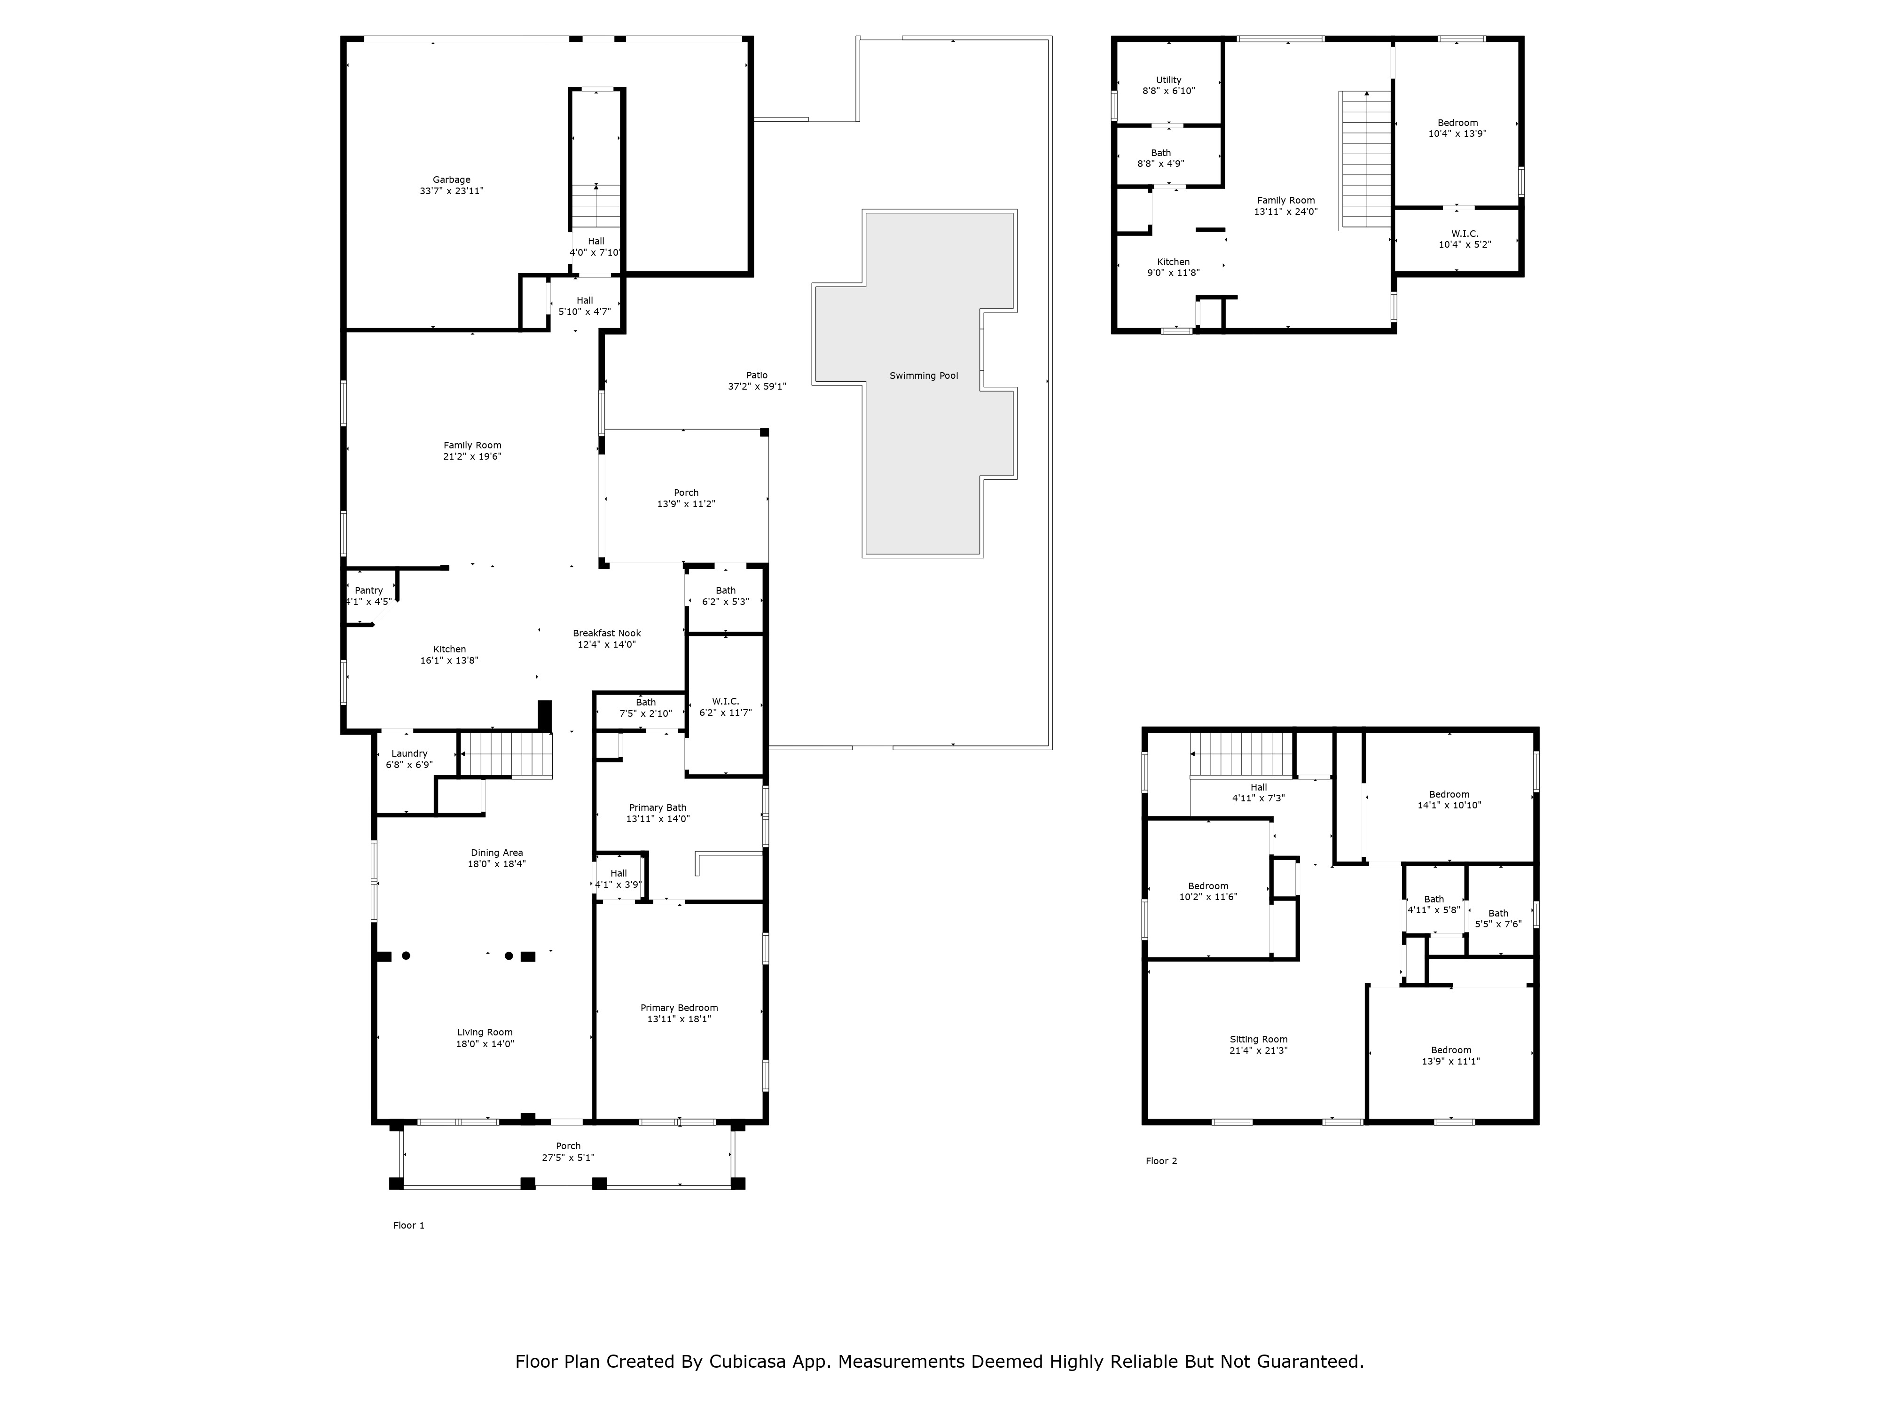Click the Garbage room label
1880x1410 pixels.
click(x=451, y=180)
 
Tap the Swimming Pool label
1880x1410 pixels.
click(x=924, y=376)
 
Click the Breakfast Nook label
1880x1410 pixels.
click(x=607, y=633)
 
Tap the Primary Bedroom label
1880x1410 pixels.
click(x=679, y=1008)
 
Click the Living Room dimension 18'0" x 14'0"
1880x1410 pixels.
click(x=486, y=1044)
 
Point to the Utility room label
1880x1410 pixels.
click(x=1168, y=80)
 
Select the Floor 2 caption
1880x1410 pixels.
click(x=1162, y=1161)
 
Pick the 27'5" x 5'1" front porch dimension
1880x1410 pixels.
click(x=569, y=1158)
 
